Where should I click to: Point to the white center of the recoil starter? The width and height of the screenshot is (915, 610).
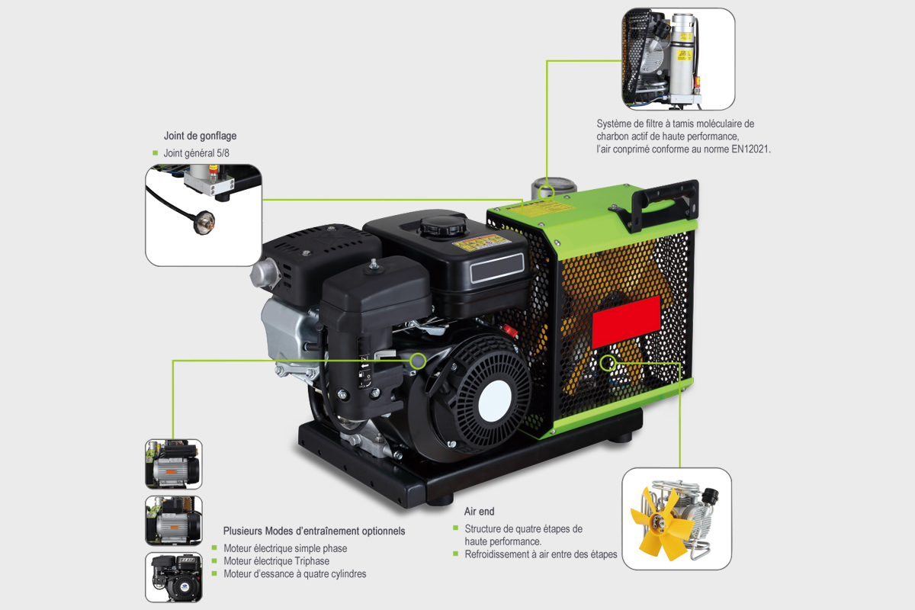click(494, 396)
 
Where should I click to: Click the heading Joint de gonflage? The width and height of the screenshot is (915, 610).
click(200, 136)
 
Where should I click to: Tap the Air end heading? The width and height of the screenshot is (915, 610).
click(479, 512)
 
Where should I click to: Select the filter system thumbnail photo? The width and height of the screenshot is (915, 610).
click(678, 59)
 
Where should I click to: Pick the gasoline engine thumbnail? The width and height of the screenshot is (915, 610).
click(174, 577)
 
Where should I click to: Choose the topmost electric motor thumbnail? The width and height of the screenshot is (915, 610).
click(174, 464)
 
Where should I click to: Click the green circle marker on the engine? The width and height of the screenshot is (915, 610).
click(418, 360)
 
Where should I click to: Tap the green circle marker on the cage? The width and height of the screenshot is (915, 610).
click(607, 363)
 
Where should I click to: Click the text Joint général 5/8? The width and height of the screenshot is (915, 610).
click(196, 153)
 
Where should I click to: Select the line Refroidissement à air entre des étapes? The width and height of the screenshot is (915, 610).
click(541, 554)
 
